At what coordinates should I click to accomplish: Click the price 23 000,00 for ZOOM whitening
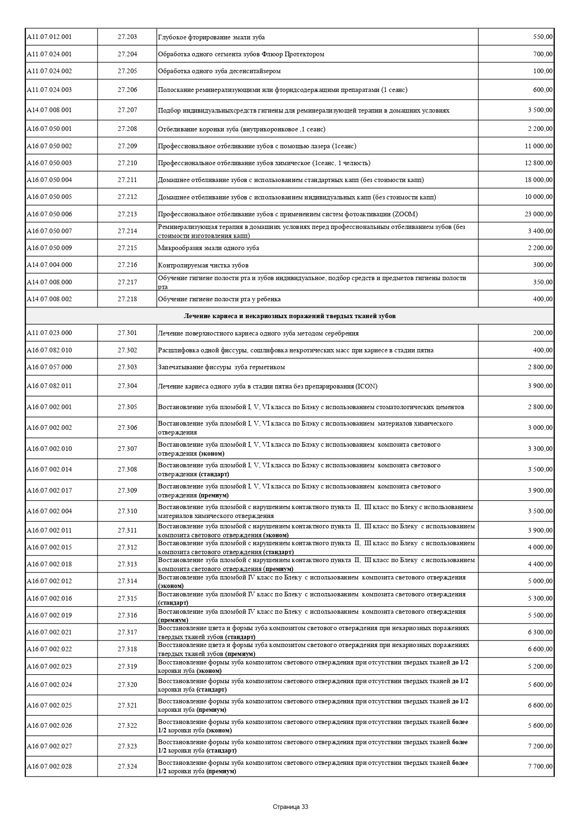[538, 214]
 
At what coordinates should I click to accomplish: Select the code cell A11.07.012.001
[49, 37]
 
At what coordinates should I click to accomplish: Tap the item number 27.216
[127, 265]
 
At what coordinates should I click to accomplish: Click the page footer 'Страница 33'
[290, 807]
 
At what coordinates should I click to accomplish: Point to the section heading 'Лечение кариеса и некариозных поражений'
[289, 316]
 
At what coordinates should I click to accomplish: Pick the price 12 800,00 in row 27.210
[538, 163]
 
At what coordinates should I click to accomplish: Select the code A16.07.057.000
[49, 367]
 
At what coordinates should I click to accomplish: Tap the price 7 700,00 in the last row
[540, 766]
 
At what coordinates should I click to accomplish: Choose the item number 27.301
[127, 333]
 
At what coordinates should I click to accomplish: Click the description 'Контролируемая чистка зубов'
[203, 265]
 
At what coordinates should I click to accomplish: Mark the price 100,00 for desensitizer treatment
[543, 71]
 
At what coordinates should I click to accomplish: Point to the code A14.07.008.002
[49, 299]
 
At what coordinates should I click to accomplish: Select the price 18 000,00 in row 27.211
[538, 180]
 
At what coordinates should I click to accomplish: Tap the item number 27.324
[127, 766]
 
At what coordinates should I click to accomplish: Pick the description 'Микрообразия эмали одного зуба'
[208, 248]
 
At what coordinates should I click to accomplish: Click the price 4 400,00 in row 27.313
[540, 564]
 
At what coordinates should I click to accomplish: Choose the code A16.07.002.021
[49, 632]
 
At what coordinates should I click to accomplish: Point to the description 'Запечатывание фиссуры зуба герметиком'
[221, 367]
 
